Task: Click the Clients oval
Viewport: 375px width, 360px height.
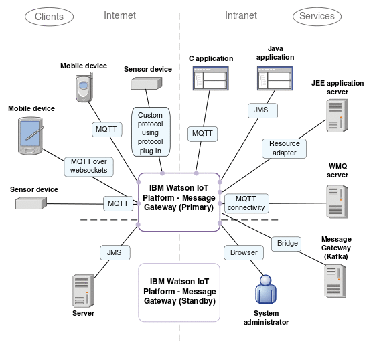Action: pyautogui.click(x=49, y=16)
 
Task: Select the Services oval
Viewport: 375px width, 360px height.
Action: pyautogui.click(x=317, y=16)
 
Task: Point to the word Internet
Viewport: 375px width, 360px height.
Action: pyautogui.click(x=120, y=15)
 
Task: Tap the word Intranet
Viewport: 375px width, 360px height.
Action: pyautogui.click(x=240, y=15)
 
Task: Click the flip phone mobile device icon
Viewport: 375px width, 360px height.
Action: pyautogui.click(x=83, y=88)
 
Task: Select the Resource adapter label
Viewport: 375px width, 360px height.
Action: pyautogui.click(x=285, y=148)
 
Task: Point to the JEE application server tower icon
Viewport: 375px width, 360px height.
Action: pyautogui.click(x=337, y=114)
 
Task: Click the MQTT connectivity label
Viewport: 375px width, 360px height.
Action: pyautogui.click(x=246, y=203)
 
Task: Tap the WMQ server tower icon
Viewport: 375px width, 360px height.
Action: pyautogui.click(x=337, y=201)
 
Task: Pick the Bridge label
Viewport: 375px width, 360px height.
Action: pyautogui.click(x=287, y=244)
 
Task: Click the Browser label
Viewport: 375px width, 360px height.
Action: pyautogui.click(x=244, y=253)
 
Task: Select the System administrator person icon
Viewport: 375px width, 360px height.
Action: pyautogui.click(x=266, y=289)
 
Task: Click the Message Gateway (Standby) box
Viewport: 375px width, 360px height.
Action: pyautogui.click(x=179, y=292)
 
